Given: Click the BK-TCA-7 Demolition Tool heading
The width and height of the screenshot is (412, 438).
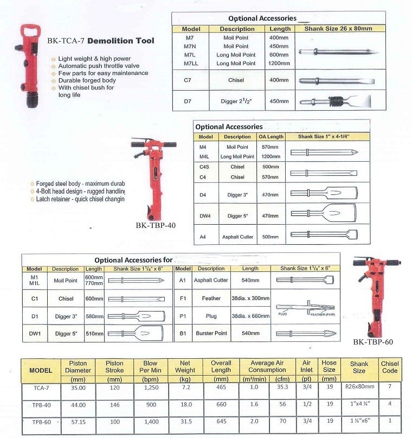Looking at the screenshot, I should click(x=100, y=40).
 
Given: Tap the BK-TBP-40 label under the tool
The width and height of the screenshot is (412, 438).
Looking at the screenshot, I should click(x=157, y=224).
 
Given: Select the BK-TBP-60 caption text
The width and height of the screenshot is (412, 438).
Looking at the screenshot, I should click(x=373, y=342).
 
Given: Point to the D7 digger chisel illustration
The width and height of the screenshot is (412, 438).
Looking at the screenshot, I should click(x=336, y=101).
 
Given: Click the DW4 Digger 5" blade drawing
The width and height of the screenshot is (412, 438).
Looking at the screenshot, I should click(x=323, y=215).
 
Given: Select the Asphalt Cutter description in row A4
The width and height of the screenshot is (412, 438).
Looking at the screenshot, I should click(x=237, y=237).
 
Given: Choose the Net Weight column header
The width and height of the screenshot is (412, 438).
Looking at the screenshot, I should click(x=181, y=366).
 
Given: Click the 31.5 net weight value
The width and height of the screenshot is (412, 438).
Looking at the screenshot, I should click(x=181, y=422).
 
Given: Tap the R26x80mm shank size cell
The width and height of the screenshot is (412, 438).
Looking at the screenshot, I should click(x=359, y=388).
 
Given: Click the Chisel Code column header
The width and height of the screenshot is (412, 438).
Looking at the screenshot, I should click(x=390, y=367).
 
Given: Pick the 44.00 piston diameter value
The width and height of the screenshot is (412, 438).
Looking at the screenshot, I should click(x=74, y=404).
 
